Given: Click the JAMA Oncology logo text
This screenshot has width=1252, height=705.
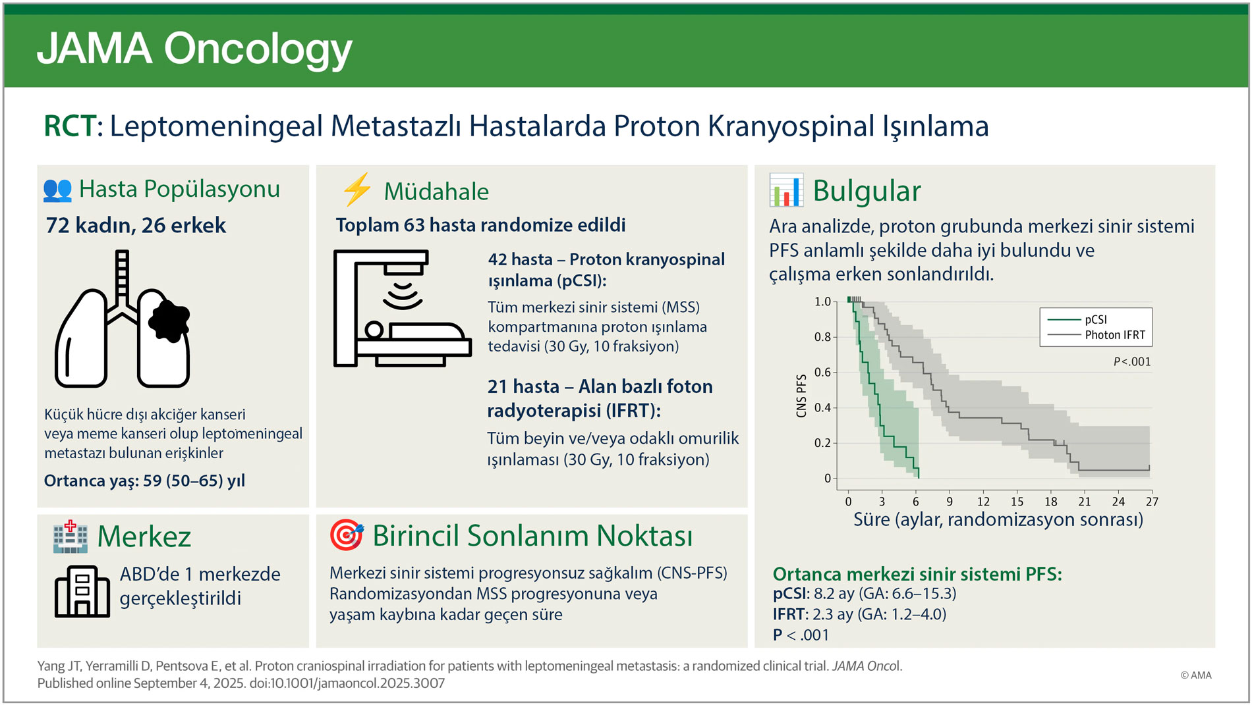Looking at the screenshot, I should point(194,49).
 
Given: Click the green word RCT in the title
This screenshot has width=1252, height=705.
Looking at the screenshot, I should point(69,126).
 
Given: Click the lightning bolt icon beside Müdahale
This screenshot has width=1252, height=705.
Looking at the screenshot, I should point(357,190).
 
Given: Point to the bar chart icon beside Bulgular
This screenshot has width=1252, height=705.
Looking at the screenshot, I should point(785,190).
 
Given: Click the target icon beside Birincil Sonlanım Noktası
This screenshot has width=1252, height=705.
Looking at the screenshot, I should point(346,535).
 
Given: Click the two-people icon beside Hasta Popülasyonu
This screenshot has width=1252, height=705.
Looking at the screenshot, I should point(57,190).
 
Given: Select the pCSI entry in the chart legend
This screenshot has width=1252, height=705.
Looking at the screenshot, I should point(1095,319).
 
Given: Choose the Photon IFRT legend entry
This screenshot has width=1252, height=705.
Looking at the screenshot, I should point(1114,335).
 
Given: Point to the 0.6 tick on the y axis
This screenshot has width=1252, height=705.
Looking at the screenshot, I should point(822,373).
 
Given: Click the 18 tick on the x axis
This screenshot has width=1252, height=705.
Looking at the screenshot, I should point(1050,502).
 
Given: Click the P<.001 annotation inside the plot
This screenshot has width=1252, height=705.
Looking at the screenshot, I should point(1131,362).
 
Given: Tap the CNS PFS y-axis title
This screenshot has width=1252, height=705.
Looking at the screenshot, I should point(801,396).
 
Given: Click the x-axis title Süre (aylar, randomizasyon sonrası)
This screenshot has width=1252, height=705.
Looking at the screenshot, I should point(998,520).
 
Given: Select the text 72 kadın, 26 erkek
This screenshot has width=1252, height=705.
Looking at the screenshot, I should point(136,226).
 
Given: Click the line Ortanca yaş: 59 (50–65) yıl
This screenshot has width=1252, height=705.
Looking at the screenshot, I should point(144,481).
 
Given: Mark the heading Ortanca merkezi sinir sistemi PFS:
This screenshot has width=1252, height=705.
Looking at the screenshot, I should point(917,574).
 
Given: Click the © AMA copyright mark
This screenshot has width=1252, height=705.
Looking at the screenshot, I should point(1195,675).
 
